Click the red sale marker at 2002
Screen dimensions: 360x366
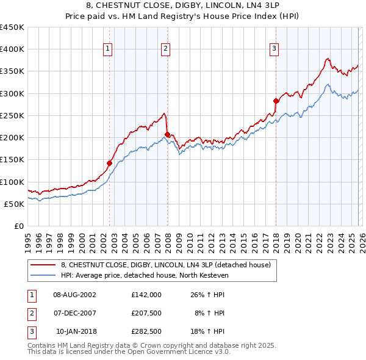point(110,163)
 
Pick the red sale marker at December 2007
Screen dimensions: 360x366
point(167,134)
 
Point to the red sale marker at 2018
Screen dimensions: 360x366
point(276,101)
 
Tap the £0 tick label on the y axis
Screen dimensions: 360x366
point(20,226)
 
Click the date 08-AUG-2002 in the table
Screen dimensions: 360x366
point(74,294)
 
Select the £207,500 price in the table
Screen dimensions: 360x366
point(146,313)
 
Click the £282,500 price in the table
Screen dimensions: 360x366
point(146,332)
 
